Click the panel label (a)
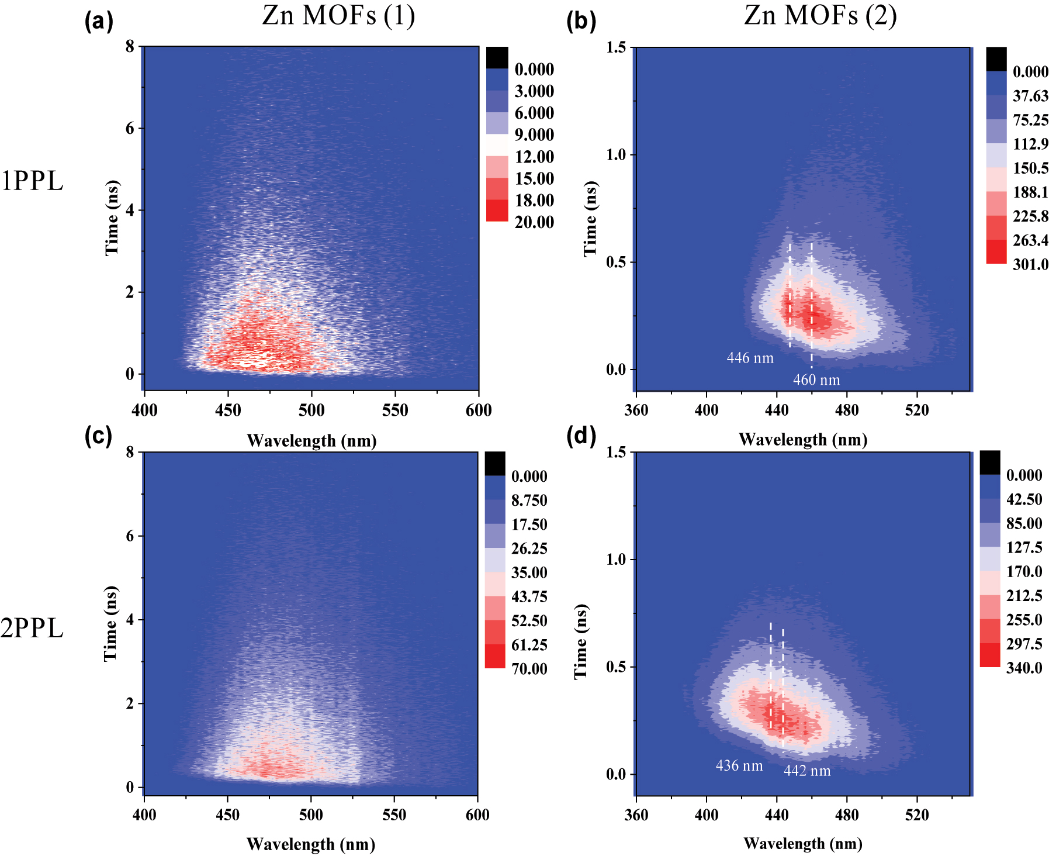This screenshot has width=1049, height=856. [x=98, y=22]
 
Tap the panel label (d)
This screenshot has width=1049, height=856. [x=581, y=436]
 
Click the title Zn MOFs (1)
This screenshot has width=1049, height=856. [x=338, y=16]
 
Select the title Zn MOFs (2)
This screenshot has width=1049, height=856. [x=820, y=16]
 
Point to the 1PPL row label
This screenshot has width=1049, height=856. [x=32, y=181]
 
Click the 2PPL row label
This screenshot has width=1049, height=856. [x=32, y=629]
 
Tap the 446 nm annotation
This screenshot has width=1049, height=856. [x=750, y=358]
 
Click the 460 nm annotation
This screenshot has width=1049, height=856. [x=816, y=380]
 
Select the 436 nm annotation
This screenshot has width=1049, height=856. [x=739, y=766]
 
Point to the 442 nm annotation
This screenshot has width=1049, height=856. [x=806, y=771]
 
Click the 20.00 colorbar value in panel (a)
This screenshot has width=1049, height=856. [x=534, y=222]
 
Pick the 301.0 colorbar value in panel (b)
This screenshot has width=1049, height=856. [x=1030, y=264]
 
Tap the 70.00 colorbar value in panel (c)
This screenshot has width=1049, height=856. [x=529, y=669]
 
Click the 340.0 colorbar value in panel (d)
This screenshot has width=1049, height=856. [x=1024, y=668]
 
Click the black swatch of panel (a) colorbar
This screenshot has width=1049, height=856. [x=497, y=58]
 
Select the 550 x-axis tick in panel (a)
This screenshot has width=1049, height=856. [x=395, y=410]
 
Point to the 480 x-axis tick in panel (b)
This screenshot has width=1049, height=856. [x=847, y=410]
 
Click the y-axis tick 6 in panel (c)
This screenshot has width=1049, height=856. [x=130, y=536]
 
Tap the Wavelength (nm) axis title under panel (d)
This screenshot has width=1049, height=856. [x=803, y=844]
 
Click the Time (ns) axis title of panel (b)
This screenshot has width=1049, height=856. [x=590, y=219]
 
